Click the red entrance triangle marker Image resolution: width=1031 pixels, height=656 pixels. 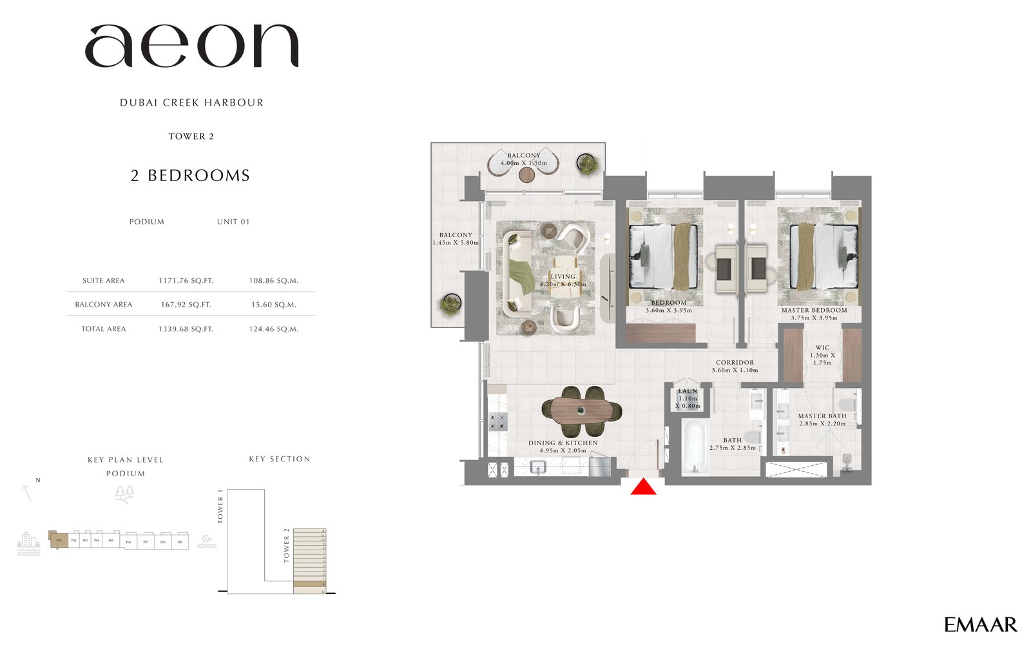coord(643,488)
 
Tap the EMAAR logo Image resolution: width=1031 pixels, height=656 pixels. coord(980,624)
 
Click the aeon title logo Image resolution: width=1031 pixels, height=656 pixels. coord(191,47)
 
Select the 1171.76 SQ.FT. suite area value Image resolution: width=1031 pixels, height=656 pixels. coord(186,281)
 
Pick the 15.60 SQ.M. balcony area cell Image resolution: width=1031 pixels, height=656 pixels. coord(274,305)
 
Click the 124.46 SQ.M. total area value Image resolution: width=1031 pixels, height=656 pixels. coord(274,329)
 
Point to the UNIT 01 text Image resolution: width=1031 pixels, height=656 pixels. coord(233,222)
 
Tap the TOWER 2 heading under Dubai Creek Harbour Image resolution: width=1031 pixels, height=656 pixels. coord(191,137)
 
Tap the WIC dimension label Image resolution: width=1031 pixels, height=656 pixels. coord(822,355)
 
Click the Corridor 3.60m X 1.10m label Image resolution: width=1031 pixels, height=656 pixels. coord(735,366)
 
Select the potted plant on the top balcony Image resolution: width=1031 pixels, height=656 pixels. coord(587,164)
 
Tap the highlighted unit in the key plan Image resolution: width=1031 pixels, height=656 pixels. coord(59,540)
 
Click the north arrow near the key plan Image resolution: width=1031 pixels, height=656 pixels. coord(27,493)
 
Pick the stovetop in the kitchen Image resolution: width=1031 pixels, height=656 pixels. coord(497,422)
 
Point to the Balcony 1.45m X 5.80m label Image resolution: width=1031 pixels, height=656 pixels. coord(456,239)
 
